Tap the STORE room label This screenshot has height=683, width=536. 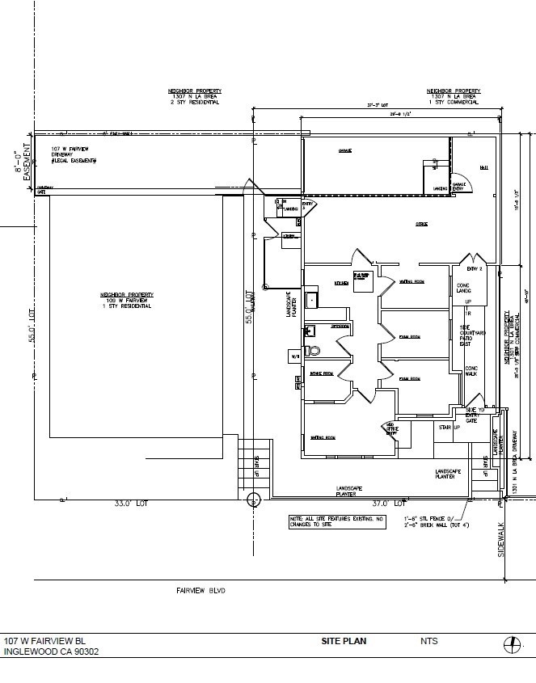point(421,223)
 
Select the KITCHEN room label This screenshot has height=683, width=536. point(342,283)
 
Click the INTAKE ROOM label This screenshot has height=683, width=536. point(322,374)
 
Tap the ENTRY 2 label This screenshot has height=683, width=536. point(475,268)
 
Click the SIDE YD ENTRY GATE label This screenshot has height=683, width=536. point(474,415)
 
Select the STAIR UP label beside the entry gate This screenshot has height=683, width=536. point(449,428)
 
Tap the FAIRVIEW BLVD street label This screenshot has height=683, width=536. point(200,591)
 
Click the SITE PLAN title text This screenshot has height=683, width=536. point(344,641)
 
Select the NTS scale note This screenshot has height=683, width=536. point(428,641)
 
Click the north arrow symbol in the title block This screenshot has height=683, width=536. point(510,644)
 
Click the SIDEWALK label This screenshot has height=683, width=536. point(500,540)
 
